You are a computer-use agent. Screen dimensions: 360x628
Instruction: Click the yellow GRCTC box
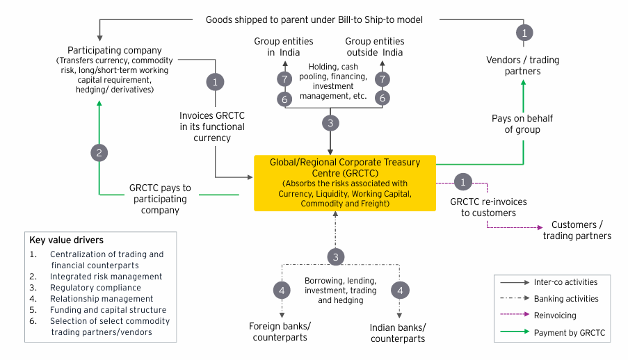pyautogui.click(x=344, y=183)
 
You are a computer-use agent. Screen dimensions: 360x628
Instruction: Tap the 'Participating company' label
pyautogui.click(x=115, y=51)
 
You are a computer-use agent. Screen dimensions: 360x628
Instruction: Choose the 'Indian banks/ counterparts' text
pyautogui.click(x=398, y=332)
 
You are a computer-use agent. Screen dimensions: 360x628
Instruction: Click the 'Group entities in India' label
pyautogui.click(x=283, y=47)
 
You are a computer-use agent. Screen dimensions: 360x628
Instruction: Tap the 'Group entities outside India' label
pyautogui.click(x=375, y=47)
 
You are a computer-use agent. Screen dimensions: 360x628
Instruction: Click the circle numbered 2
pyautogui.click(x=99, y=153)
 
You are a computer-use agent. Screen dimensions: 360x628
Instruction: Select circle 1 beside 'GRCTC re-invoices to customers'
pyautogui.click(x=463, y=182)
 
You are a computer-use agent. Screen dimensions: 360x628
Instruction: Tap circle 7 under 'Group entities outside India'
pyautogui.click(x=382, y=79)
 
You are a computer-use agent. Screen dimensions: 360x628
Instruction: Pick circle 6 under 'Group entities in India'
pyautogui.click(x=284, y=99)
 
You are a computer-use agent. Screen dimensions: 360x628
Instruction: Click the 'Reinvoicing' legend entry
pyautogui.click(x=555, y=316)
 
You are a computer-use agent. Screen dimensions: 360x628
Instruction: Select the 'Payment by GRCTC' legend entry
pyautogui.click(x=569, y=333)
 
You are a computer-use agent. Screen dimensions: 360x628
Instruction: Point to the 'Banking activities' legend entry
pyautogui.click(x=565, y=299)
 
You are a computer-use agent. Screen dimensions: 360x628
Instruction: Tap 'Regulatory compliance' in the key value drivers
pyautogui.click(x=95, y=288)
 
